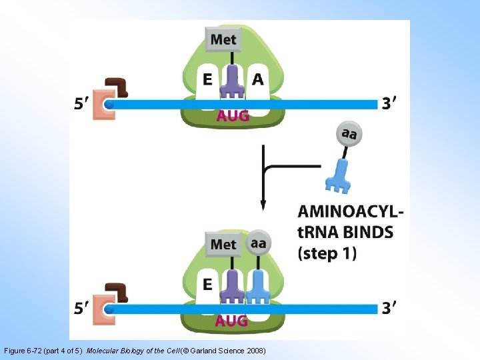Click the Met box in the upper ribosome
coord(223,39)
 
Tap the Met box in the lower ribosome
coord(223,244)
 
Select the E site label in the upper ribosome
coord(207,79)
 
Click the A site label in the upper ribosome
coord(258,79)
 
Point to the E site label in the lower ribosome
coord(207,285)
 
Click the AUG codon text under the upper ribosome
coord(233,116)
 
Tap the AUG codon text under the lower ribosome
coord(231,321)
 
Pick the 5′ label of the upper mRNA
coord(82,103)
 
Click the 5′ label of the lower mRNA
coord(82,308)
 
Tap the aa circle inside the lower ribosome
coord(259,243)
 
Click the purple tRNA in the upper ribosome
coord(233,82)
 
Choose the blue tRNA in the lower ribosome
coord(258,287)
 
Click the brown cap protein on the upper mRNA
coord(117,87)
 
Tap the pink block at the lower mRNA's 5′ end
coord(104,310)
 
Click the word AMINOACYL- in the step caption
coord(351,211)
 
